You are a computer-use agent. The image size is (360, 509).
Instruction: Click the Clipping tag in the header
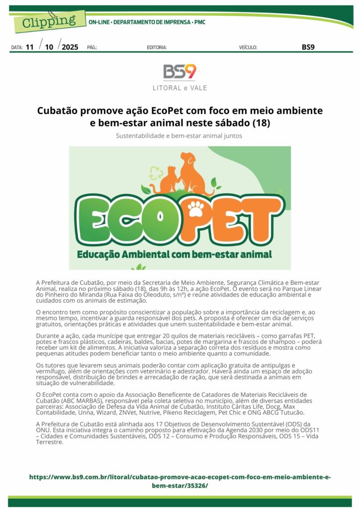click(x=48, y=20)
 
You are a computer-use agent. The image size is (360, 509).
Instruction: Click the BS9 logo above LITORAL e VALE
click(x=180, y=72)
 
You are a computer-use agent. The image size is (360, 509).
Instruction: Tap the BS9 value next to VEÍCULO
click(x=308, y=47)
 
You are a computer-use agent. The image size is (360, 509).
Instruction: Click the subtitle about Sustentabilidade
click(x=180, y=135)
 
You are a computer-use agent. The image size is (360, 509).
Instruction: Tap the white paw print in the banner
click(x=196, y=208)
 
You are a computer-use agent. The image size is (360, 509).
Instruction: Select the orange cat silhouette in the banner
click(x=169, y=180)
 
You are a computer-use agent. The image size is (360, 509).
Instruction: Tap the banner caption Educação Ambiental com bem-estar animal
click(x=174, y=254)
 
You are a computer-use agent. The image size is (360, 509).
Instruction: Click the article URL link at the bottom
click(x=180, y=481)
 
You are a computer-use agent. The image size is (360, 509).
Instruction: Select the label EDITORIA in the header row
click(x=157, y=48)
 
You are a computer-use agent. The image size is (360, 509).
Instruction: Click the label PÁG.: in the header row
click(x=92, y=48)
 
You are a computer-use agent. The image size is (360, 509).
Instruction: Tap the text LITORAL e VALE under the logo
click(x=180, y=88)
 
